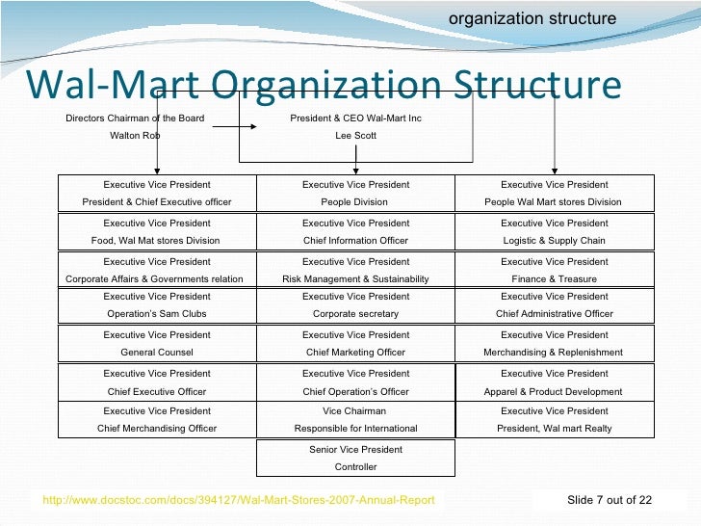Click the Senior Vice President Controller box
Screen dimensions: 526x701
pyautogui.click(x=355, y=459)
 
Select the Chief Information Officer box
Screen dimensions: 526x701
pyautogui.click(x=355, y=231)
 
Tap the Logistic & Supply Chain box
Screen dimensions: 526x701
pyautogui.click(x=554, y=231)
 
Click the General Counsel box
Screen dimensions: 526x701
pyautogui.click(x=157, y=343)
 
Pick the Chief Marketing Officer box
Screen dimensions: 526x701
pyautogui.click(x=355, y=343)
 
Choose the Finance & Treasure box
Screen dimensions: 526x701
pyautogui.click(x=554, y=270)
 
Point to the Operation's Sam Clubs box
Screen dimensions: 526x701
pyautogui.click(x=157, y=305)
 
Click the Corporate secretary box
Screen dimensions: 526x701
pyautogui.click(x=355, y=305)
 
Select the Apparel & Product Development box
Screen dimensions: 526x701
pyautogui.click(x=554, y=381)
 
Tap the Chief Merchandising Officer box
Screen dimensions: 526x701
pyautogui.click(x=157, y=419)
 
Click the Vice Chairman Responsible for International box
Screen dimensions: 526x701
pyautogui.click(x=355, y=419)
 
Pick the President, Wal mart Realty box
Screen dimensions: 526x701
pyautogui.click(x=554, y=419)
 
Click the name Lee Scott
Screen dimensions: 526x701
pyautogui.click(x=355, y=136)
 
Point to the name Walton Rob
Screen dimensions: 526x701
pyautogui.click(x=135, y=136)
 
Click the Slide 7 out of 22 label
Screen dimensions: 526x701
pyautogui.click(x=610, y=499)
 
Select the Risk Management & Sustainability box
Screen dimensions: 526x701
pyautogui.click(x=355, y=270)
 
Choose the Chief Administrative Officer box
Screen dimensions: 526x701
pyautogui.click(x=554, y=305)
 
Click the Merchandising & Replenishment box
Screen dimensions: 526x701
pyautogui.click(x=554, y=343)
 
